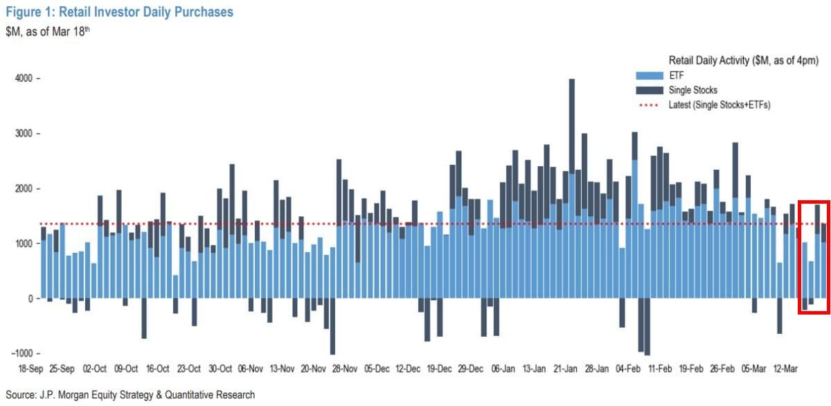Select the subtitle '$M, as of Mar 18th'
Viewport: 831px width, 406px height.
(48, 31)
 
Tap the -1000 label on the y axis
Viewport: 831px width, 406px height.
(23, 353)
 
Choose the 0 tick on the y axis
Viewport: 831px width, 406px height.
(30, 299)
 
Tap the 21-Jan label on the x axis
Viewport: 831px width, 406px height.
(566, 369)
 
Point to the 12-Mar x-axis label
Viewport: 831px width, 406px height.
(786, 369)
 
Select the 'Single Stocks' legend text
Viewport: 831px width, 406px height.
(692, 90)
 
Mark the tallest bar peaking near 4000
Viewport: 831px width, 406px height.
(572, 125)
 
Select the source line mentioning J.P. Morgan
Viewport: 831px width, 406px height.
(129, 395)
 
